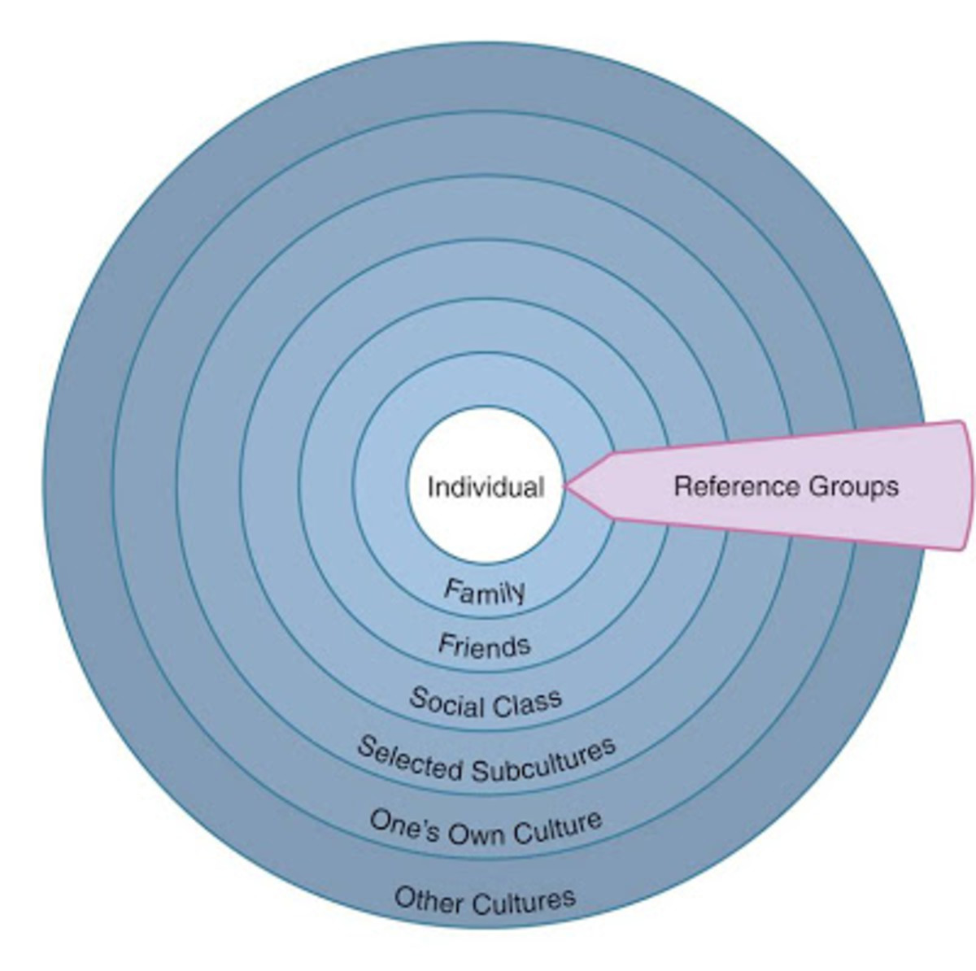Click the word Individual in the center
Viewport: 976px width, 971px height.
click(486, 487)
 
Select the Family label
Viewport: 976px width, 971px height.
click(485, 591)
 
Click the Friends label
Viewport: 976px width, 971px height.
click(484, 646)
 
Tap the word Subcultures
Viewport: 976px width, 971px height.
click(542, 762)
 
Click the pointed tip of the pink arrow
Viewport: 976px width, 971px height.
click(566, 487)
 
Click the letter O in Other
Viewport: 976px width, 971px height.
click(404, 899)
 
